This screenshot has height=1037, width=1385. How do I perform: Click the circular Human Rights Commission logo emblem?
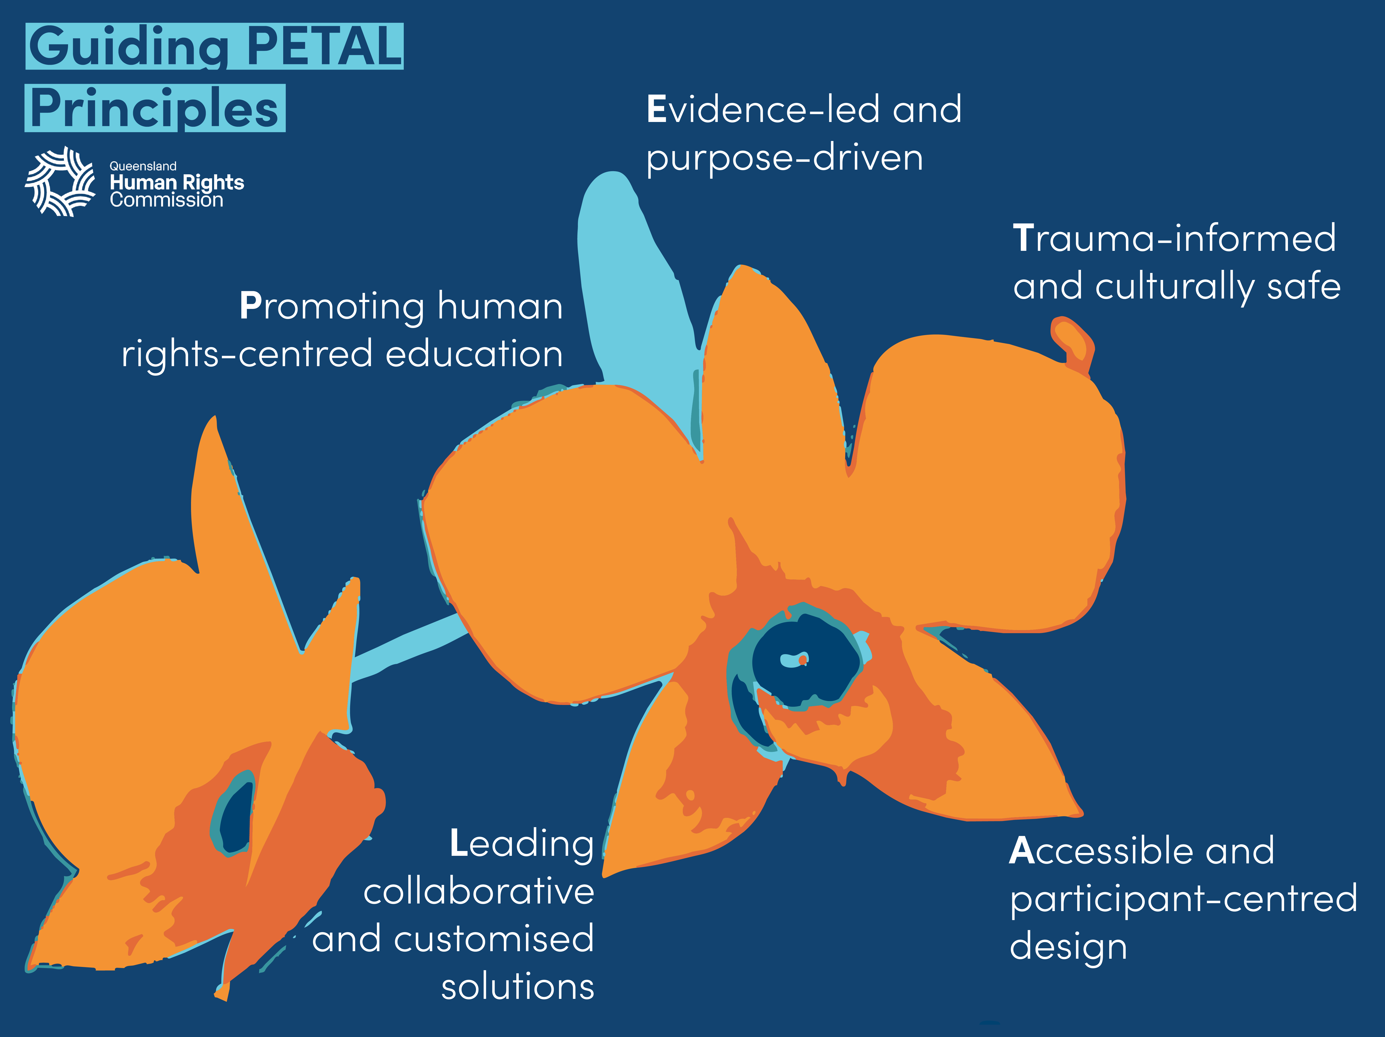[x=60, y=182]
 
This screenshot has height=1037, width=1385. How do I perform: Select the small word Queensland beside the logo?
[x=143, y=166]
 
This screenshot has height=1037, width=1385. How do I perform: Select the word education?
[x=474, y=354]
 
